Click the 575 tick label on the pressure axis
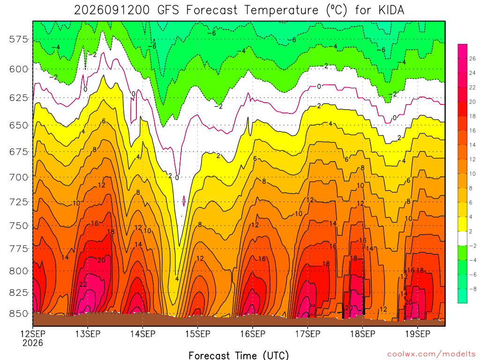(x=18, y=39)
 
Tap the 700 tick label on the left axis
(x=18, y=177)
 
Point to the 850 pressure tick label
(x=18, y=314)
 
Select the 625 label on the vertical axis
(x=18, y=98)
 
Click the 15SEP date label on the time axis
(x=198, y=334)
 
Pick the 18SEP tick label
(x=363, y=334)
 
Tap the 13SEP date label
(x=88, y=334)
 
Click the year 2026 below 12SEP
(x=33, y=343)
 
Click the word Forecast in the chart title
(x=212, y=10)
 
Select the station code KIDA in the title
(x=391, y=10)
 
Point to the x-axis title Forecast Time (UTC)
(x=239, y=355)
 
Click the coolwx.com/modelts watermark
(x=431, y=354)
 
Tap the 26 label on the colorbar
(x=472, y=59)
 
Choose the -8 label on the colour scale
(x=472, y=289)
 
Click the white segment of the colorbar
(x=463, y=239)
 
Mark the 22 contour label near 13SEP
(x=83, y=285)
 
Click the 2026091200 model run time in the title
(x=112, y=10)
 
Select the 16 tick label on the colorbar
(x=472, y=131)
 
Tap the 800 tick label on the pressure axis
(x=18, y=271)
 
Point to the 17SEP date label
(x=307, y=334)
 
